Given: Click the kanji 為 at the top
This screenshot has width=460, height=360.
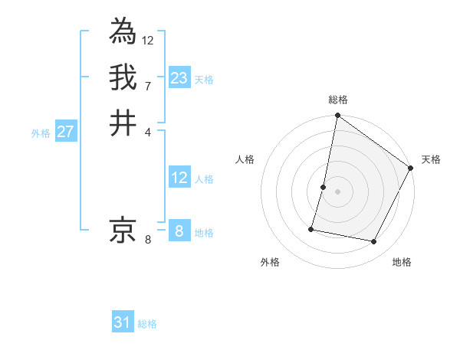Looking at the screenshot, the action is (x=123, y=32).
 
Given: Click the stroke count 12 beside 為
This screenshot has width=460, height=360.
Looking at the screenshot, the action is (x=148, y=40).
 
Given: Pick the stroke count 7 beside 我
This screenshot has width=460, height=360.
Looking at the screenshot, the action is (x=148, y=85).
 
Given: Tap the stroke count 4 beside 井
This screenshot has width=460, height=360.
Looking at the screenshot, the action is (x=148, y=131).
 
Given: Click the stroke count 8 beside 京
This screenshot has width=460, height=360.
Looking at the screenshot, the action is (x=148, y=240).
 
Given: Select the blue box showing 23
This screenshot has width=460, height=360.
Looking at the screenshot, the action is (x=179, y=78).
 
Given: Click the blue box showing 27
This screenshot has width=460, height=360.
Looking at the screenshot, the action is (x=65, y=132).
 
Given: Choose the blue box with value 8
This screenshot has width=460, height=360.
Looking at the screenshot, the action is (x=179, y=231).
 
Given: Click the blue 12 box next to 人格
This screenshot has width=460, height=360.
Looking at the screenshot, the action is (x=179, y=178).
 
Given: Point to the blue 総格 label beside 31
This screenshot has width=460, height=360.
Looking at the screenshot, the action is (x=147, y=324).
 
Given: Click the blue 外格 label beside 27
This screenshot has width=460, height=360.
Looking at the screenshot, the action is (x=41, y=133).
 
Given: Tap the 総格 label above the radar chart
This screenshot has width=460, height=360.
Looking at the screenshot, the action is (x=337, y=100).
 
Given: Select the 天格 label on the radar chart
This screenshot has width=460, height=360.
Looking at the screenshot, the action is (x=431, y=159).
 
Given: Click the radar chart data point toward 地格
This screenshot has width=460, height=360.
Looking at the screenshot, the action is (x=374, y=242).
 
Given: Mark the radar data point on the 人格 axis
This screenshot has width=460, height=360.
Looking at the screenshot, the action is (x=324, y=187).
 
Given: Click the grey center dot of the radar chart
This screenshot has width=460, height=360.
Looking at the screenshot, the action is (x=337, y=191).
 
